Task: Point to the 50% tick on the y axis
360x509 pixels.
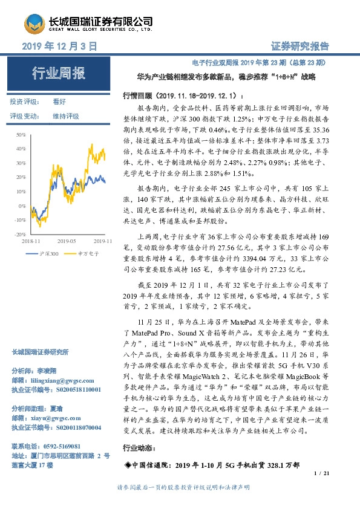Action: tap(21, 134)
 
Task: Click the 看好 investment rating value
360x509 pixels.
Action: tap(59, 102)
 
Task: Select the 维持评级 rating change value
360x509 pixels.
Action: tap(66, 116)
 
